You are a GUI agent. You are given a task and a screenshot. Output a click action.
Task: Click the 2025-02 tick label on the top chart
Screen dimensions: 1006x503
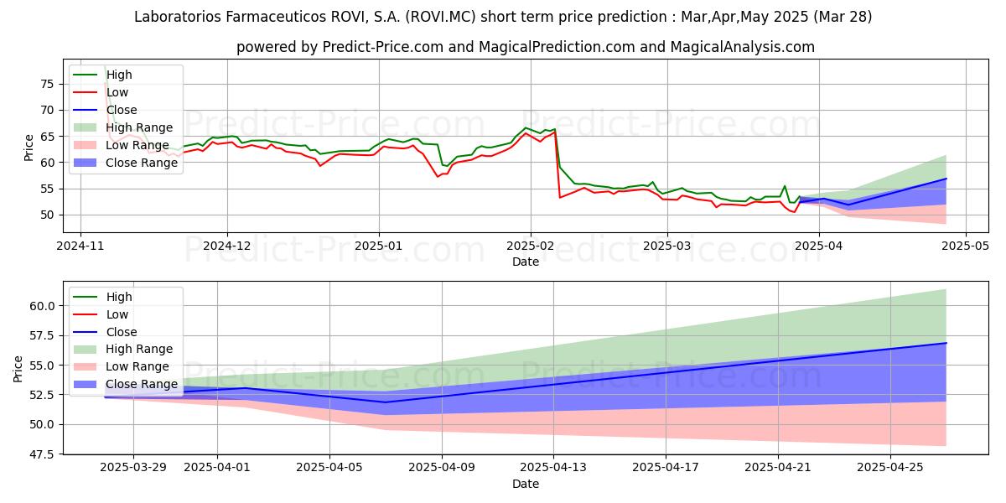[x=531, y=246]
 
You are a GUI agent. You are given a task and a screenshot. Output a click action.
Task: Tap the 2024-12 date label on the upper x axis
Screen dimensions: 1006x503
[x=227, y=246]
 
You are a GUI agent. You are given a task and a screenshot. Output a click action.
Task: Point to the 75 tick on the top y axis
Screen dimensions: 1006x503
[x=47, y=84]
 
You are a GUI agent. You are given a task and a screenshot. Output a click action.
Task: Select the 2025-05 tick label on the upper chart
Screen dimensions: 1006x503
[x=965, y=246]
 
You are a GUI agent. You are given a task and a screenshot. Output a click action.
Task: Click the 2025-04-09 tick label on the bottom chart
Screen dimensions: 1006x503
[x=442, y=468]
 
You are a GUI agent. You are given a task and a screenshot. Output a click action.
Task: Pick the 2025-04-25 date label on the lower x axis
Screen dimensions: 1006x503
[x=890, y=468]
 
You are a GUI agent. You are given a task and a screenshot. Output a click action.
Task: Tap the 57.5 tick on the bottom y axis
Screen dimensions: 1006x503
[x=42, y=335]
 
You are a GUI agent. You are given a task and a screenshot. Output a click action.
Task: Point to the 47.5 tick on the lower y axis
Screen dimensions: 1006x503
[x=42, y=454]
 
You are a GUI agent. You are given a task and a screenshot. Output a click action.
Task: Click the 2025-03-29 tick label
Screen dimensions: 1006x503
[x=133, y=468]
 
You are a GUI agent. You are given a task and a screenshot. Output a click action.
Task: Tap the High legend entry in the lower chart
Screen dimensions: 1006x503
[x=102, y=297]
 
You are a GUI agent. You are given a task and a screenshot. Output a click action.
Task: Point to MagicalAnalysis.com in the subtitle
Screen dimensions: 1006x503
[x=743, y=47]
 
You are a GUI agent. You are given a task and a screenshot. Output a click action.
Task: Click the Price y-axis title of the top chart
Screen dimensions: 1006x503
[x=29, y=148]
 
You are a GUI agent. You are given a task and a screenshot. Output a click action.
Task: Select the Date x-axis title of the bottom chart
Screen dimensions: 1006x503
[x=526, y=484]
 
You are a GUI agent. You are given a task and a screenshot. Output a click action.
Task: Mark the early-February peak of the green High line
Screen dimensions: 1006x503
[x=525, y=128]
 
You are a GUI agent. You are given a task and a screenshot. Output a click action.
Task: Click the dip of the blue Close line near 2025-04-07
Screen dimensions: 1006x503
[x=385, y=402]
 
